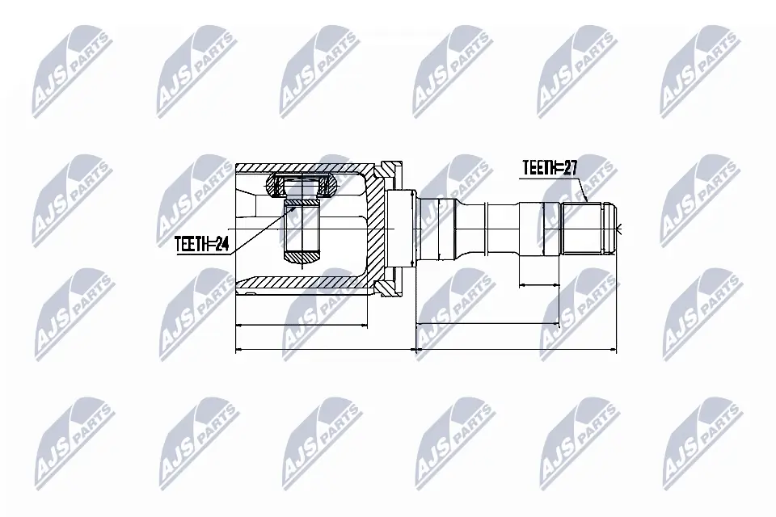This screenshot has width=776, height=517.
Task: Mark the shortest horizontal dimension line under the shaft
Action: (x=539, y=284)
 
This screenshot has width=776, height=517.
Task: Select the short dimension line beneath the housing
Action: (x=300, y=326)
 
